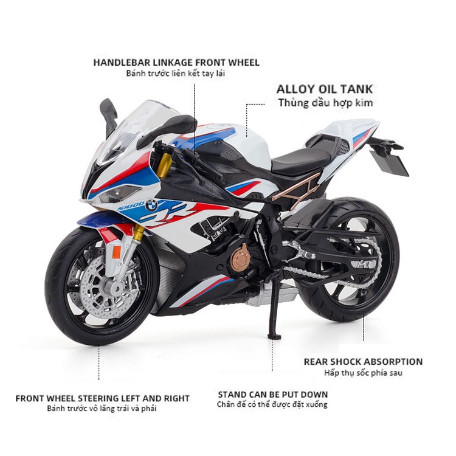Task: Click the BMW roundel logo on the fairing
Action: tap(151, 205)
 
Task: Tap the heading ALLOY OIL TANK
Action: tap(325, 89)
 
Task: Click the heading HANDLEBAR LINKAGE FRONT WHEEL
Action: tap(176, 63)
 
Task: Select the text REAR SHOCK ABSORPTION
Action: tap(363, 362)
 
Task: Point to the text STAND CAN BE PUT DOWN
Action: tap(273, 395)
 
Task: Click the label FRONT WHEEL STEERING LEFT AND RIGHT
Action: tap(102, 398)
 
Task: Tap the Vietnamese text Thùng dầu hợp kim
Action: tap(325, 103)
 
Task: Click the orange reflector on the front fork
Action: tap(117, 252)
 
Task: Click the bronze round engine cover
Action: tap(241, 258)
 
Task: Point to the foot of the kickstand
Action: tap(274, 336)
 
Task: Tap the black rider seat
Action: tap(302, 161)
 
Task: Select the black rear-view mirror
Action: tap(108, 115)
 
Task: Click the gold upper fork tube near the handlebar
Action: tap(165, 165)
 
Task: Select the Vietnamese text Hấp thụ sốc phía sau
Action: tap(363, 373)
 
